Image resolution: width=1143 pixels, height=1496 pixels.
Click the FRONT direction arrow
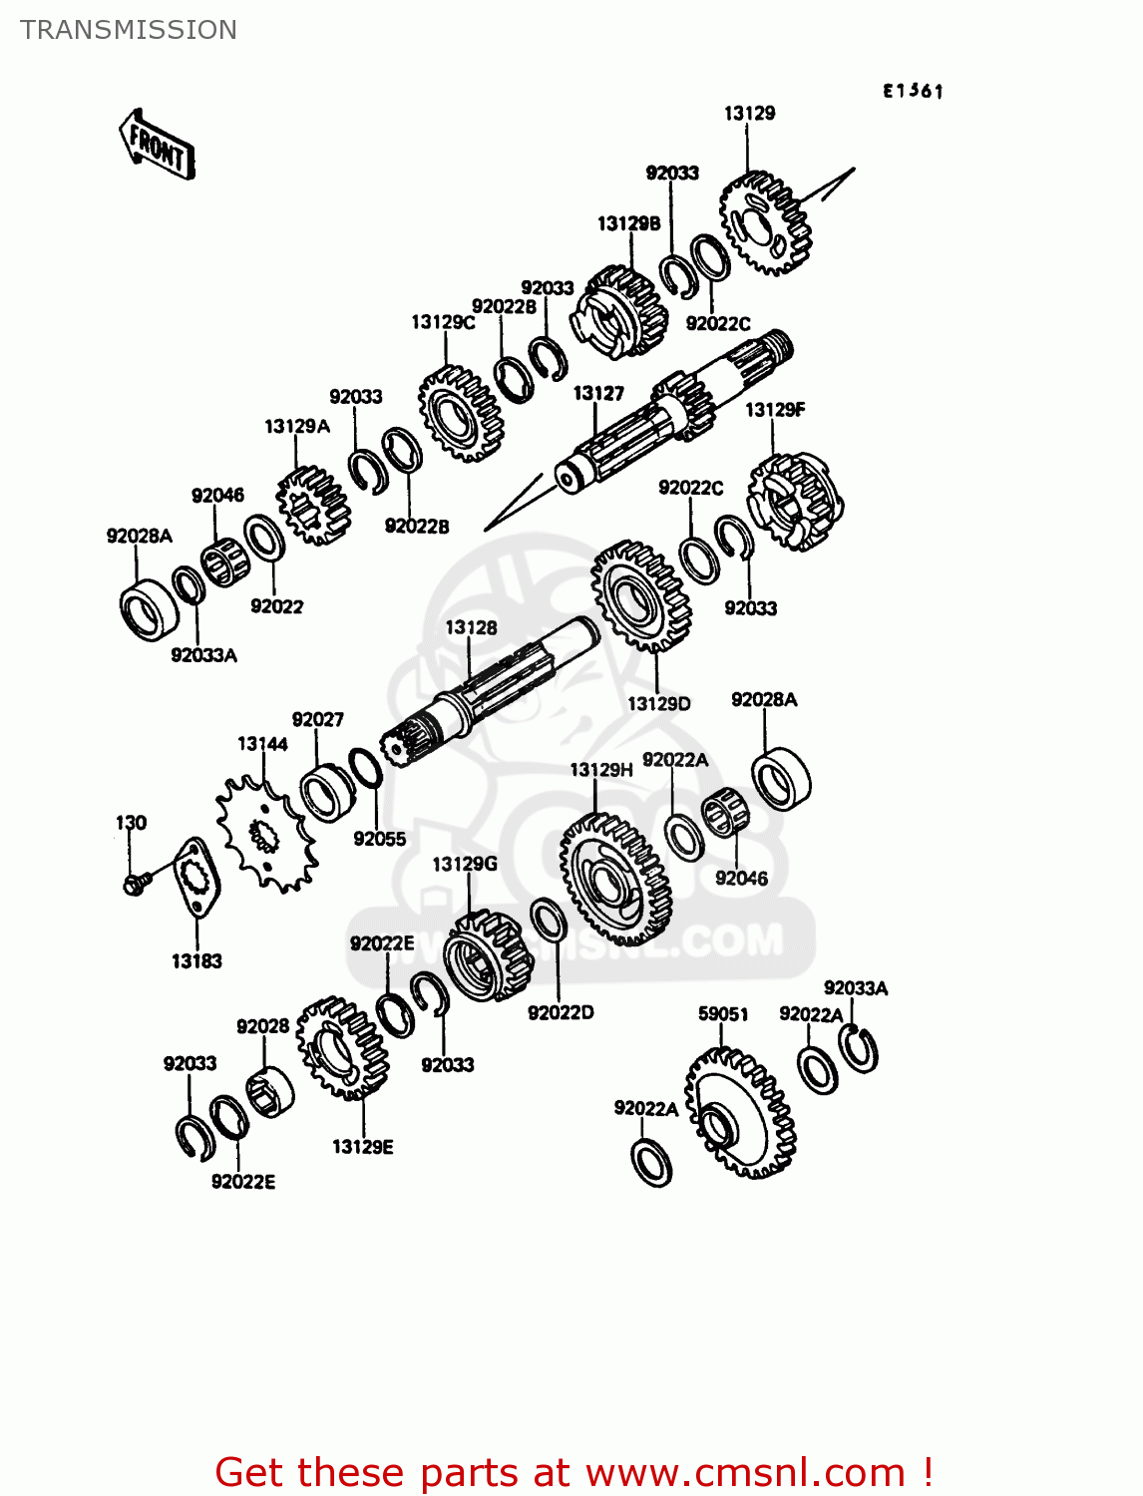pyautogui.click(x=157, y=145)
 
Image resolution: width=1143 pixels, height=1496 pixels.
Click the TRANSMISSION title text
pyautogui.click(x=129, y=30)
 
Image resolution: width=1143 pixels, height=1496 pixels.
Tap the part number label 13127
pyautogui.click(x=598, y=394)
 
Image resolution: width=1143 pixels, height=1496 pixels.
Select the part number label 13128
pyautogui.click(x=471, y=627)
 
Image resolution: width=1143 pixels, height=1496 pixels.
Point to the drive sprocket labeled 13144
pyautogui.click(x=266, y=834)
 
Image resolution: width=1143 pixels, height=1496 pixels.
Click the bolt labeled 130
pyautogui.click(x=135, y=883)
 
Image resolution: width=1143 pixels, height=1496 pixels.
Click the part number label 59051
pyautogui.click(x=723, y=1014)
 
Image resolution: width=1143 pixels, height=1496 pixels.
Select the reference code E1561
pyautogui.click(x=913, y=91)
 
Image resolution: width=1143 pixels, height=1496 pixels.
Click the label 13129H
pyautogui.click(x=601, y=770)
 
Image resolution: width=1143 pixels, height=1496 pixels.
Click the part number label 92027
pyautogui.click(x=317, y=720)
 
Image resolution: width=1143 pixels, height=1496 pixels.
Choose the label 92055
pyautogui.click(x=380, y=840)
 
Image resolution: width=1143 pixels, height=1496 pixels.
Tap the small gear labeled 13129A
pyautogui.click(x=313, y=507)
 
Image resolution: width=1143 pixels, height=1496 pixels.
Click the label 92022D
pyautogui.click(x=561, y=1013)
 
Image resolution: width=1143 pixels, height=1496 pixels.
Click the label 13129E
pyautogui.click(x=363, y=1147)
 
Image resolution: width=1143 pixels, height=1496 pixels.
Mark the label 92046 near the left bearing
pyautogui.click(x=217, y=496)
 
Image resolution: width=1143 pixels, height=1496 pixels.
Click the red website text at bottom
pyautogui.click(x=573, y=1472)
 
